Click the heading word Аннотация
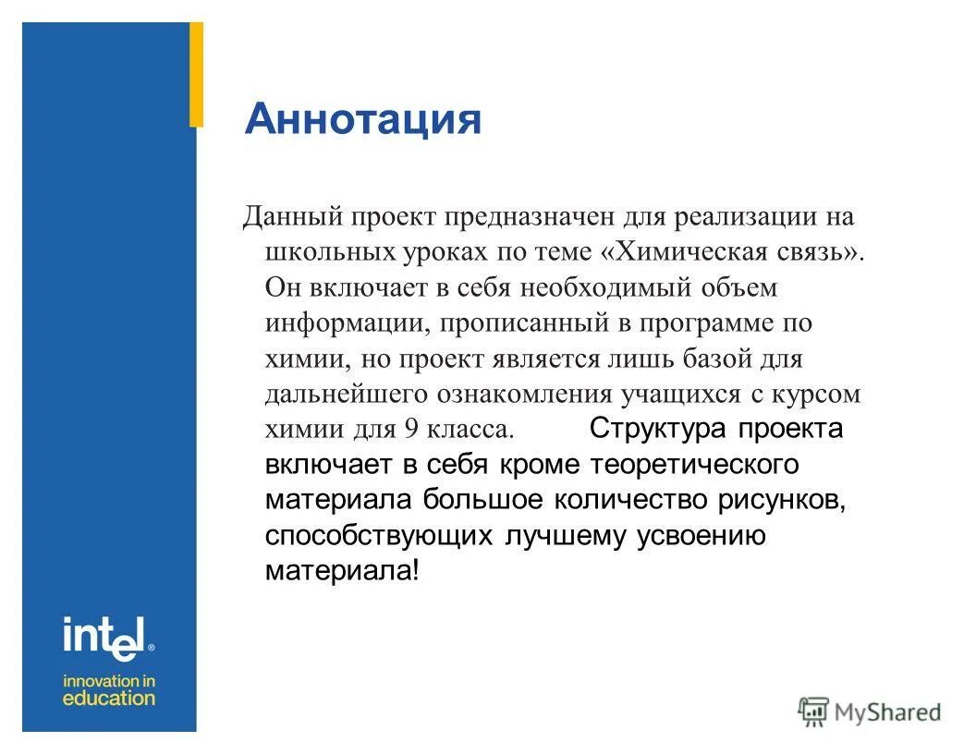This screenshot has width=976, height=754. (362, 119)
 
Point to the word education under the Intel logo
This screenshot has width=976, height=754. (109, 699)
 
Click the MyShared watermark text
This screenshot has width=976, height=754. (887, 712)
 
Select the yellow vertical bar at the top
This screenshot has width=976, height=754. (196, 75)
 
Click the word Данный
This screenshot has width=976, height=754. (291, 218)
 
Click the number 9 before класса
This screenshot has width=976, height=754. (410, 430)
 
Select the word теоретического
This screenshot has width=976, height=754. (696, 464)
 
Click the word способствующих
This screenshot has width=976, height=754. (379, 536)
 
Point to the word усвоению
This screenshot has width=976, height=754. (701, 536)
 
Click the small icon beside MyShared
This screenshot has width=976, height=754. (813, 711)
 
